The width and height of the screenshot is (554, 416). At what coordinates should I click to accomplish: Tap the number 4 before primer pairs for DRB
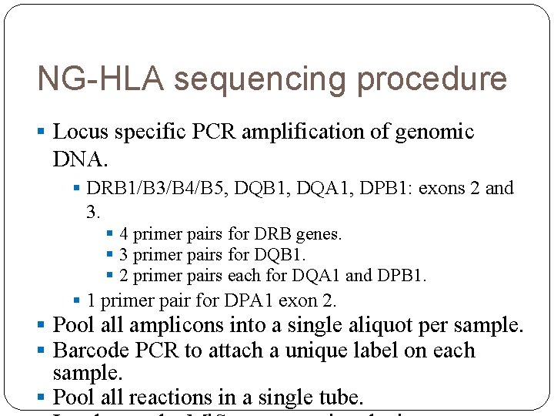(x=124, y=233)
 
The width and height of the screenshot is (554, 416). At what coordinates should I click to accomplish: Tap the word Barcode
(x=92, y=351)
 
